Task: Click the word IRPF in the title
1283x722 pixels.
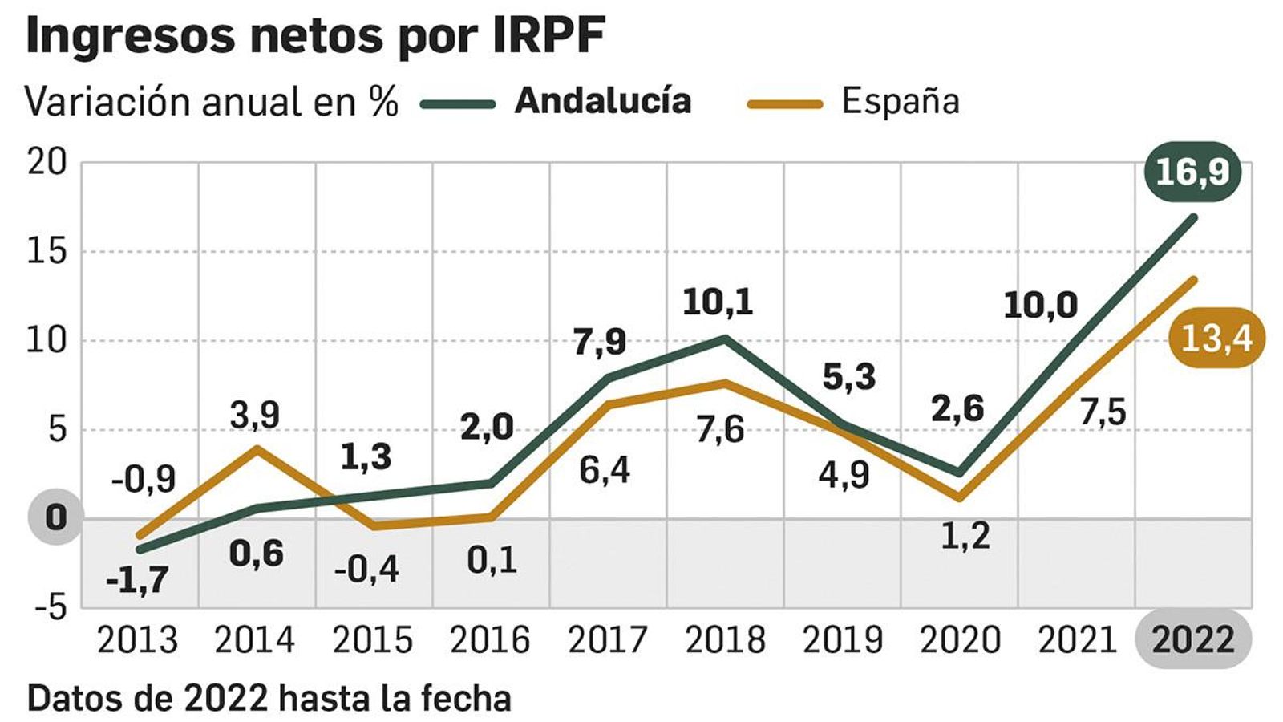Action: [548, 35]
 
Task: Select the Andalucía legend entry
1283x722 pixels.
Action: [602, 101]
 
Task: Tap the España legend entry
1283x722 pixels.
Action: [900, 101]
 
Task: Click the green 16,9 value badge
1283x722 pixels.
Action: [1192, 171]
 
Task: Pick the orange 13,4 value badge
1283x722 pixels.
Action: [1216, 338]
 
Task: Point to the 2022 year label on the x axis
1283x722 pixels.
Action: [1193, 639]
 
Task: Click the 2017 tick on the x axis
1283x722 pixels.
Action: [607, 639]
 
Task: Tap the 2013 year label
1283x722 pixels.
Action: [137, 639]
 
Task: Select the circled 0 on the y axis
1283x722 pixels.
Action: [55, 517]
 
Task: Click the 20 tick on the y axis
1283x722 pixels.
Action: [47, 163]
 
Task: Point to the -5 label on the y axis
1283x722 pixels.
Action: [51, 608]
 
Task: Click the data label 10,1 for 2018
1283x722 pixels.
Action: [718, 302]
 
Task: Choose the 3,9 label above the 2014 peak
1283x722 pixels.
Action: [254, 416]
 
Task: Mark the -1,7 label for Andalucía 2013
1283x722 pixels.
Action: [137, 579]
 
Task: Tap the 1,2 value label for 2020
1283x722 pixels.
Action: [965, 536]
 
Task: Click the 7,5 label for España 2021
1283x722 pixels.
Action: [1103, 412]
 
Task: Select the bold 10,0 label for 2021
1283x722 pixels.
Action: [1040, 306]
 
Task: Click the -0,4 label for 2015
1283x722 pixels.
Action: [366, 570]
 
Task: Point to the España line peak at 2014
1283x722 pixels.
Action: [256, 448]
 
